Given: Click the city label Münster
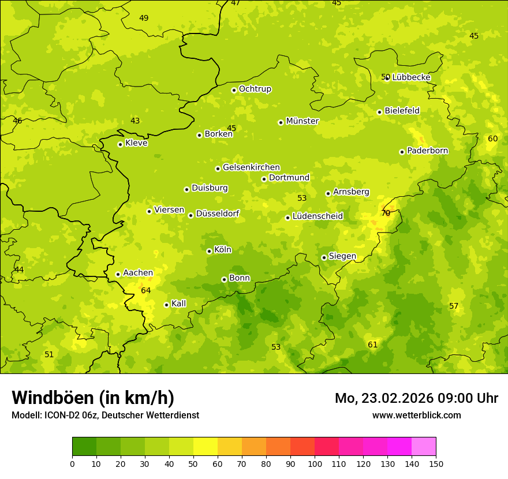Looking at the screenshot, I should pyautogui.click(x=302, y=121).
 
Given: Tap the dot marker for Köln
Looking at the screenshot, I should pyautogui.click(x=209, y=251).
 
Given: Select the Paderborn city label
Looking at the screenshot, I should pyautogui.click(x=427, y=151).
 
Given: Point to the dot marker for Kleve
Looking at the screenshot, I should pyautogui.click(x=120, y=144).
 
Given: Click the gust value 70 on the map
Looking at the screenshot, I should pyautogui.click(x=386, y=213).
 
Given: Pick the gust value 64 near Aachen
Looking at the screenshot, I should pyautogui.click(x=145, y=290).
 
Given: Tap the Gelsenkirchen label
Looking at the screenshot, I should pyautogui.click(x=251, y=167).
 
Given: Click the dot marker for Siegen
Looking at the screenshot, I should pyautogui.click(x=324, y=257).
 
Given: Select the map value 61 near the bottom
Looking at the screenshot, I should pyautogui.click(x=372, y=345).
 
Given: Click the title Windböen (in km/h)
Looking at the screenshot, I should pyautogui.click(x=93, y=398).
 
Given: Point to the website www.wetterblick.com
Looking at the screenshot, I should pyautogui.click(x=416, y=415).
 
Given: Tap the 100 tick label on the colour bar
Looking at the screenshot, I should pyautogui.click(x=315, y=463).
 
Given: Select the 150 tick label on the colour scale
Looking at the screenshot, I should pyautogui.click(x=436, y=463).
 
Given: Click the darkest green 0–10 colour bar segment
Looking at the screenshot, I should pyautogui.click(x=84, y=446).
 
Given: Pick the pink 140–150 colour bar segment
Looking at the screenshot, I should pyautogui.click(x=424, y=446).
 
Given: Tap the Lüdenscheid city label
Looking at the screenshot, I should pyautogui.click(x=317, y=216).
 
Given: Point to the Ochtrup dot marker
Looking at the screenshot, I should pyautogui.click(x=234, y=90).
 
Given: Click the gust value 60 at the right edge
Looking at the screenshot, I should pyautogui.click(x=492, y=139).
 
